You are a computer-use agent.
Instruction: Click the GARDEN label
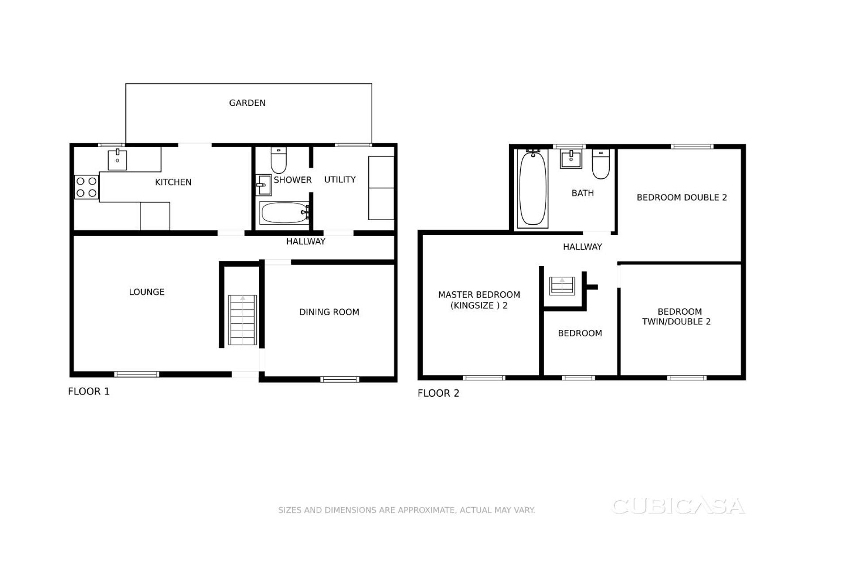pos(247,103)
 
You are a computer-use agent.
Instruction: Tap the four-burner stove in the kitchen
pos(86,187)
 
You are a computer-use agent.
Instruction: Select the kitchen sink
pos(117,160)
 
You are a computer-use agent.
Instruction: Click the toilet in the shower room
pos(278,160)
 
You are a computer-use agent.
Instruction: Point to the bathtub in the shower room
pos(284,213)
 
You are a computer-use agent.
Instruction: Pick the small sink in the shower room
pos(263,185)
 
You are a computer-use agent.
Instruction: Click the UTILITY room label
pos(340,180)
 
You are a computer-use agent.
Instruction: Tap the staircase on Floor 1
pos(242,320)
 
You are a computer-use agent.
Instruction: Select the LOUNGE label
pos(147,292)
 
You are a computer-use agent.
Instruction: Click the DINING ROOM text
pos(329,312)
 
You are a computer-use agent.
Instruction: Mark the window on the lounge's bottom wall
pos(136,375)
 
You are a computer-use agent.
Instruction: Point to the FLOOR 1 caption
pos(89,391)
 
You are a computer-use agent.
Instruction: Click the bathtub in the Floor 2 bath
pos(532,188)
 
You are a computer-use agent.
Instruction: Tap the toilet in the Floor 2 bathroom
pos(601,164)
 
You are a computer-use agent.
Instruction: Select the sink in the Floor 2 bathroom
pos(571,159)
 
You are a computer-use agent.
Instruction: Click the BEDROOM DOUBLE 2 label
pos(681,198)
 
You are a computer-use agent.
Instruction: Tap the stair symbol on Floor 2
pos(562,286)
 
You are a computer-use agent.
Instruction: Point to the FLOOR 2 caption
pos(438,393)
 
